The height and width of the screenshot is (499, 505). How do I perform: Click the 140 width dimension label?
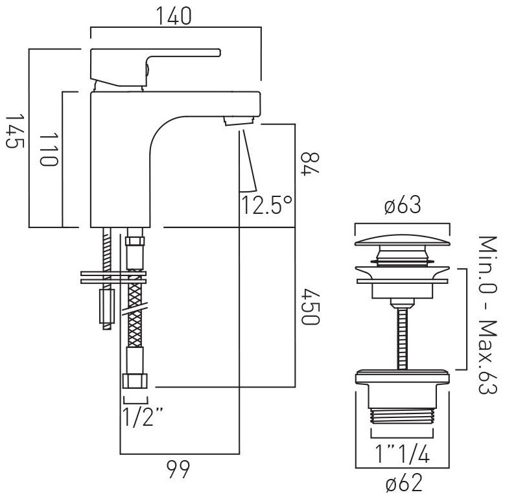(x=174, y=16)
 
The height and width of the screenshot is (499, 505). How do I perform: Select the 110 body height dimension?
(x=49, y=149)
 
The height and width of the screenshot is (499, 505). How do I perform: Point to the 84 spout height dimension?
(x=310, y=163)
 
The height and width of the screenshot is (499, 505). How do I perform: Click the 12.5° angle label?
(x=266, y=205)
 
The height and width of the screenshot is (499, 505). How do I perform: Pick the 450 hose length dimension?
(x=310, y=307)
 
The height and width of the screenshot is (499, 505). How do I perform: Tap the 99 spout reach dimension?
(x=178, y=470)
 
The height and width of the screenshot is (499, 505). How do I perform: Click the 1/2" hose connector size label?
(x=143, y=417)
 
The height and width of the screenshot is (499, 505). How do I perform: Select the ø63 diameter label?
(x=403, y=204)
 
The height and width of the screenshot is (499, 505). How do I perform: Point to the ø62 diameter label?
(x=404, y=483)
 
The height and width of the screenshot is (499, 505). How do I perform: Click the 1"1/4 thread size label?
(x=403, y=454)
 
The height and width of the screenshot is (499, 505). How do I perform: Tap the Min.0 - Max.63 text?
(x=487, y=316)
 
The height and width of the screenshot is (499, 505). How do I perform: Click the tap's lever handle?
(x=156, y=67)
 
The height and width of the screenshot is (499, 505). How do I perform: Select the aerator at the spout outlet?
(x=239, y=121)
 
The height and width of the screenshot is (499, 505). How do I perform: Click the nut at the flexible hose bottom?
(x=135, y=381)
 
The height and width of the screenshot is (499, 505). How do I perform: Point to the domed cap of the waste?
(x=403, y=241)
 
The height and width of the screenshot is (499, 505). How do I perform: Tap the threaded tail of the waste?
(x=403, y=416)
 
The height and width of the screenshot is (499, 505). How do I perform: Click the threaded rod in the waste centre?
(x=403, y=338)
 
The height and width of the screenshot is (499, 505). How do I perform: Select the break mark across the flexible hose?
(x=135, y=308)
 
